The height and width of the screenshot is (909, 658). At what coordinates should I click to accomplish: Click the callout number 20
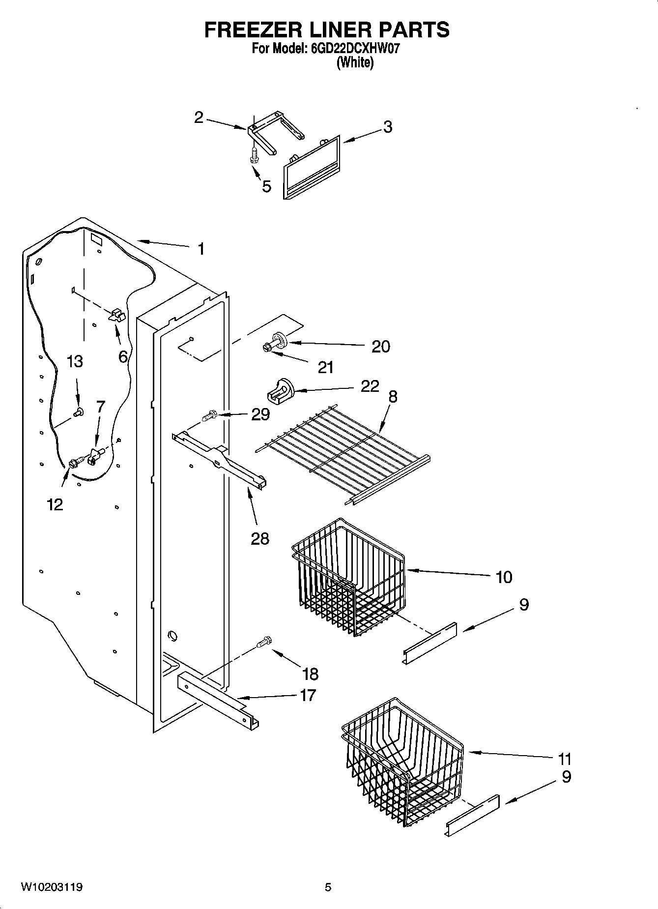pos(380,347)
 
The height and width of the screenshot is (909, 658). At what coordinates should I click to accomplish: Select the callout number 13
pos(75,362)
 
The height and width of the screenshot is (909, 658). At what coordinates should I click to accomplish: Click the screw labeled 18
pos(264,642)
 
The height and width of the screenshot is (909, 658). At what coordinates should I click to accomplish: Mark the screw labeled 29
pos(209,416)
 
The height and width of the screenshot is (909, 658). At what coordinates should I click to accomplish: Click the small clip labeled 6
pos(117,315)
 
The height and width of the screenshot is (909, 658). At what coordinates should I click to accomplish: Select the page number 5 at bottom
pos(328,887)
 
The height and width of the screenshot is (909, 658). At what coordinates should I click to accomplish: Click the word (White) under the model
pos(354,62)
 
